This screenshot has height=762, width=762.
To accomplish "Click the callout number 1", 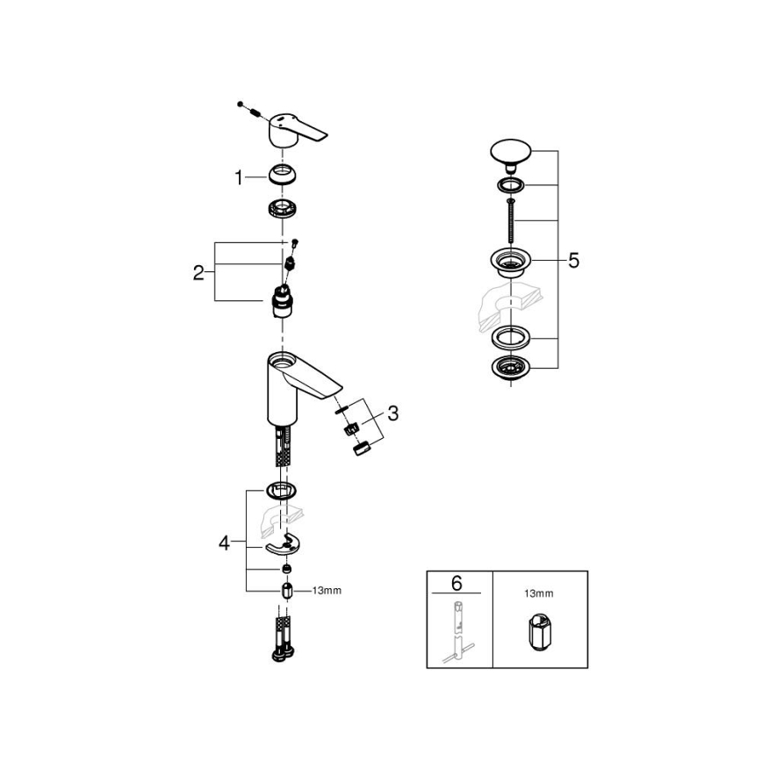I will tap(238, 177).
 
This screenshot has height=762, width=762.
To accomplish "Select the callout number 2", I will tap(198, 272).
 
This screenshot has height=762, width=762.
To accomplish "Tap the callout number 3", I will tap(392, 413).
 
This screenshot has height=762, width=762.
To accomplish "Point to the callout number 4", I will tap(225, 544).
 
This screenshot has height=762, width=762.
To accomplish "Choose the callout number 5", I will tap(573, 261).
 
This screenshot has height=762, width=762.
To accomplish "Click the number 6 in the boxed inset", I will tap(456, 584).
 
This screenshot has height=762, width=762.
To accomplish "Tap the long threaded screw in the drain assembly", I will tap(507, 219).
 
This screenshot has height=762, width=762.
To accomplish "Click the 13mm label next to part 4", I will tap(326, 591).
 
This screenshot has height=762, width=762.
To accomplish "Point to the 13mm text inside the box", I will tap(539, 593).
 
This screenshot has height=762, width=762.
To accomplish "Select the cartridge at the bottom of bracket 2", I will tap(282, 303).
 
